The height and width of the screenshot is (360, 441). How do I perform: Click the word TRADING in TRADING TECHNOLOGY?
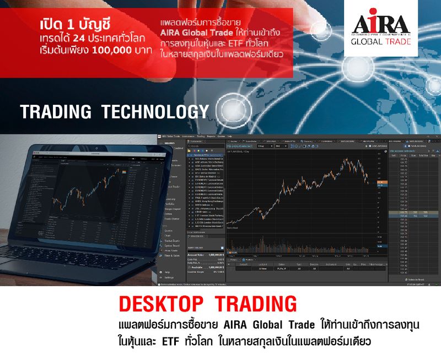pos(56,111)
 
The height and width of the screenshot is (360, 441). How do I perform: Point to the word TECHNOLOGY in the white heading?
pos(155,111)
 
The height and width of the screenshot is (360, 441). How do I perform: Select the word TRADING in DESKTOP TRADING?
pos(255,304)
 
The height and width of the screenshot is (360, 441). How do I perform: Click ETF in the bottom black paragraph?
pos(174,341)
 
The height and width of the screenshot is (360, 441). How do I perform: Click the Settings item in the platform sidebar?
pos(169,277)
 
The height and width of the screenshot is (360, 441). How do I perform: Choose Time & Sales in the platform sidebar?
pos(171,255)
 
